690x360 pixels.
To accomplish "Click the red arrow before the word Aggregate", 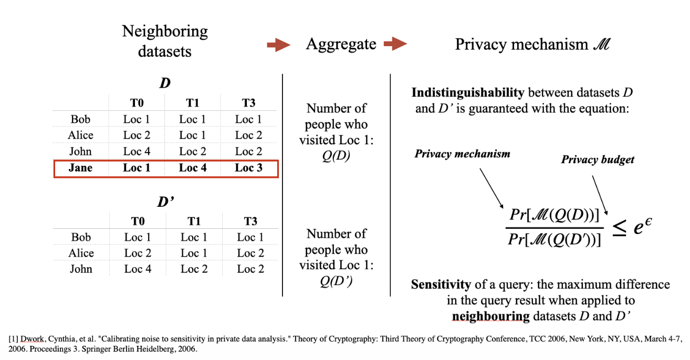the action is pyautogui.click(x=278, y=45).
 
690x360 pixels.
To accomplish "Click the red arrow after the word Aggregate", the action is pyautogui.click(x=395, y=44).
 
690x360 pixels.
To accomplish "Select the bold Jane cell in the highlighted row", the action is pyautogui.click(x=80, y=168).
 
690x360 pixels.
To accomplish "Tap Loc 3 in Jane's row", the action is pyautogui.click(x=248, y=168).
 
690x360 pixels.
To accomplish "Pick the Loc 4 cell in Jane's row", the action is pyautogui.click(x=193, y=168).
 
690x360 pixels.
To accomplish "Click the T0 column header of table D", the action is pyautogui.click(x=137, y=103).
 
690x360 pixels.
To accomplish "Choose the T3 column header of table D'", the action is pyautogui.click(x=250, y=221).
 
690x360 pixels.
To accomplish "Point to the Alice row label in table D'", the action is pyautogui.click(x=81, y=253).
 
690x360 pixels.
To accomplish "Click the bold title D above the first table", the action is pyautogui.click(x=165, y=83).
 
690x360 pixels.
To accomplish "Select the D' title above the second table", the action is pyautogui.click(x=165, y=202).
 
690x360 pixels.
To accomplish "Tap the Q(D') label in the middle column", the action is pyautogui.click(x=336, y=281).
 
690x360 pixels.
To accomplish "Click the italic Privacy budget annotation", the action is pyautogui.click(x=598, y=160).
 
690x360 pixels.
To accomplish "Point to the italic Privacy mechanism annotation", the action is pyautogui.click(x=462, y=154).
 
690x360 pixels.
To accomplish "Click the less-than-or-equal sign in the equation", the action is pyautogui.click(x=619, y=228).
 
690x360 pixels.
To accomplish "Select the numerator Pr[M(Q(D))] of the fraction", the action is pyautogui.click(x=555, y=215).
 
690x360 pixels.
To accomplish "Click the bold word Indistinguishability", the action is pyautogui.click(x=467, y=92).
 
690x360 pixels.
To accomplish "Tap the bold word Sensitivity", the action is pyautogui.click(x=441, y=284).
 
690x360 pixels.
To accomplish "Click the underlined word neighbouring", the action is pyautogui.click(x=490, y=316).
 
